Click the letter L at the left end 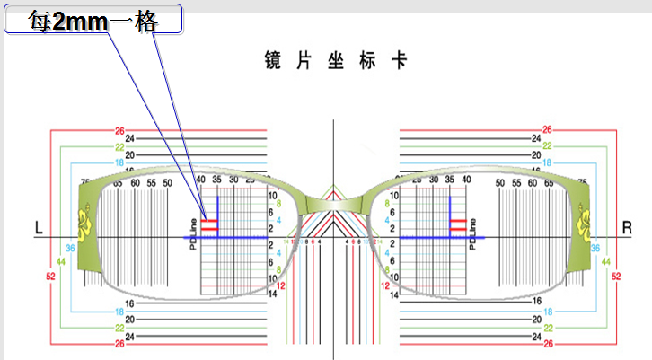tap(39, 229)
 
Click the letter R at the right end tap(627, 229)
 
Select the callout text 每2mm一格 tap(93, 21)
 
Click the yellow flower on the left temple tap(87, 223)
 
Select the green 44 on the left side tap(62, 261)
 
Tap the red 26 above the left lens tap(119, 131)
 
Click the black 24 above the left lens tap(130, 139)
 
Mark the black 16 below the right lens tap(536, 303)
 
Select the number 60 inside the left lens tap(134, 182)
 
